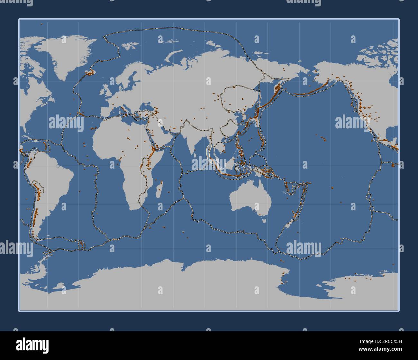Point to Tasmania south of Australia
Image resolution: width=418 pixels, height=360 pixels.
point(264,220)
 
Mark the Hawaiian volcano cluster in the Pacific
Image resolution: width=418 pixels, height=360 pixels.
point(323,138)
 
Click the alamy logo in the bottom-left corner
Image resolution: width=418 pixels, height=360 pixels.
point(32,345)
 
